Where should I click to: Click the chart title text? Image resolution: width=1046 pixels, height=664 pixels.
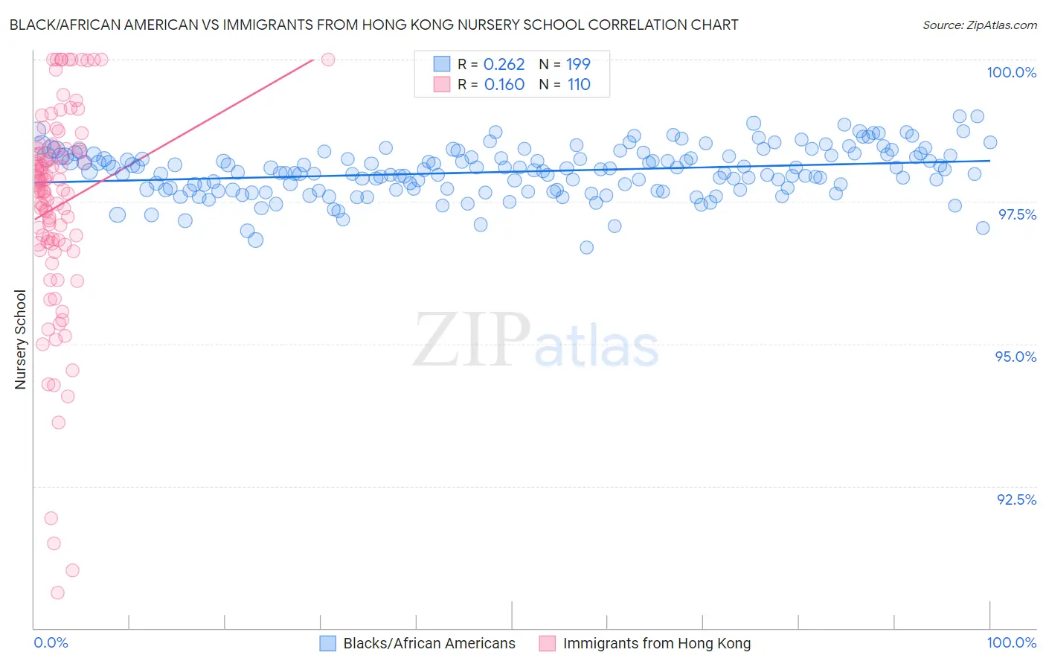[x=373, y=25]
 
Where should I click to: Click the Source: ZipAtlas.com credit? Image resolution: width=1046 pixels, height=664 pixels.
[x=979, y=25]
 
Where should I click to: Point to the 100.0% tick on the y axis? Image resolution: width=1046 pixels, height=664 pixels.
[x=1011, y=72]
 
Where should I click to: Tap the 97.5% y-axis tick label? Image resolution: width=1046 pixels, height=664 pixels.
[x=1016, y=214]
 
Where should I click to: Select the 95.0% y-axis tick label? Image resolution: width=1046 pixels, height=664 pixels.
[x=1015, y=357]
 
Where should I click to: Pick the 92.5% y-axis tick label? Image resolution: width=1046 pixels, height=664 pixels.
[x=1016, y=499]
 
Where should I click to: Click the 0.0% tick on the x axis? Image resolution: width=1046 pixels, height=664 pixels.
[x=51, y=642]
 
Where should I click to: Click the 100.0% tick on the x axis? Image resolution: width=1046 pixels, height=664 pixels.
[x=1011, y=642]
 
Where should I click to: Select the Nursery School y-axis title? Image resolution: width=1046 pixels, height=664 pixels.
[x=20, y=339]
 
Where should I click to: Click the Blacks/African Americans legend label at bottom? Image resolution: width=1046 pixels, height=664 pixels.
[x=429, y=643]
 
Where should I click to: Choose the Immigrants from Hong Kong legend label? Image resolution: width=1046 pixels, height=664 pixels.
[x=656, y=643]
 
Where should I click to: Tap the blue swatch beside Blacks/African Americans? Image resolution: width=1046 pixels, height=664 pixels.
[x=328, y=643]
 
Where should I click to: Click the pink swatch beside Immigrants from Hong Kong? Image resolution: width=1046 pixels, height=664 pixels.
[x=548, y=643]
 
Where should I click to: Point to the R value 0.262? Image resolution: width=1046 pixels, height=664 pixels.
[x=504, y=64]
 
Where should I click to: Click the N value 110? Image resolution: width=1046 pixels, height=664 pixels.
[x=579, y=85]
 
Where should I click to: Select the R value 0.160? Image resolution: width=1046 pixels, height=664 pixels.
[x=504, y=85]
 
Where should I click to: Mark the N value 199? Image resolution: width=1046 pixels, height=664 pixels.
[x=578, y=64]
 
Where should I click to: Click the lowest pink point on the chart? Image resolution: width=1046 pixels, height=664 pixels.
[x=57, y=593]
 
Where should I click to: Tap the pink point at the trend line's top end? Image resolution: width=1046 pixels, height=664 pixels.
[x=328, y=59]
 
